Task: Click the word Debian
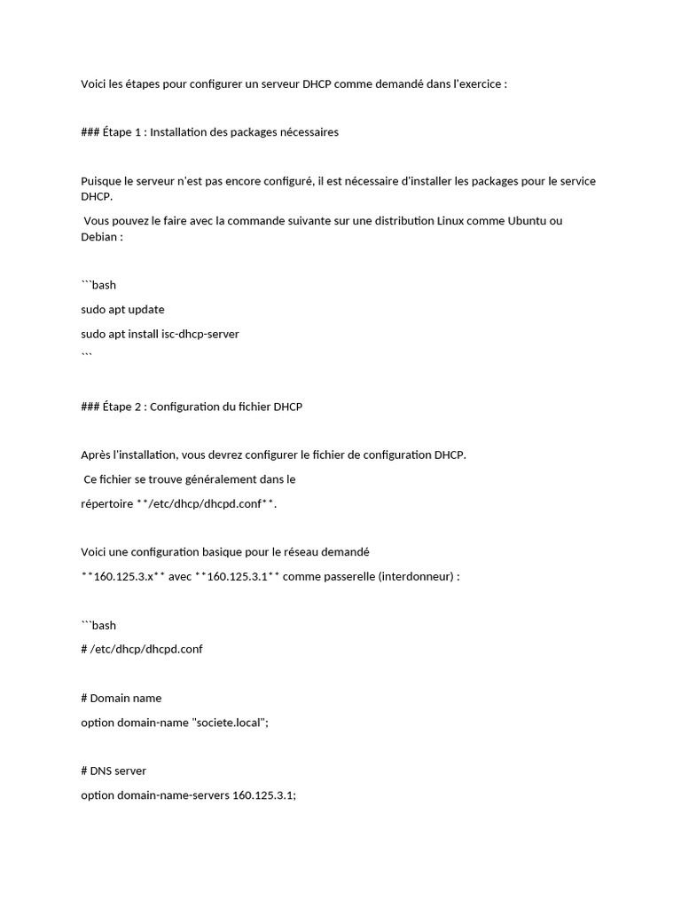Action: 99,237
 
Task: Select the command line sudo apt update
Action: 122,310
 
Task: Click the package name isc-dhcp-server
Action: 192,334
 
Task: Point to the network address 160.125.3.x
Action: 122,576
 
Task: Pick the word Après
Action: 96,454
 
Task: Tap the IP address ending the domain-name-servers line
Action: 263,795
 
